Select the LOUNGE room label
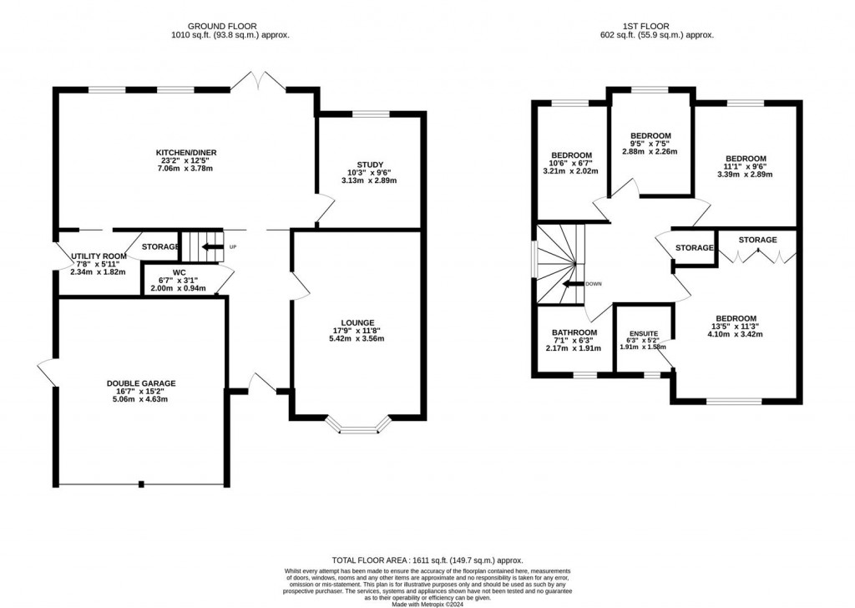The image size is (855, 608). (x=357, y=322)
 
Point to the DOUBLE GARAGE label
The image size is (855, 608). (x=141, y=383)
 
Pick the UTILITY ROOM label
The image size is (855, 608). (x=99, y=256)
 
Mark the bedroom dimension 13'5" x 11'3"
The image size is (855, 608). (x=735, y=327)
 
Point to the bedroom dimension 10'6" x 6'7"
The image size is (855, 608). (x=571, y=164)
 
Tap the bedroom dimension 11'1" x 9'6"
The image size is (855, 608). (x=746, y=167)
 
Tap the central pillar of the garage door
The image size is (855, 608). (x=141, y=484)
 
